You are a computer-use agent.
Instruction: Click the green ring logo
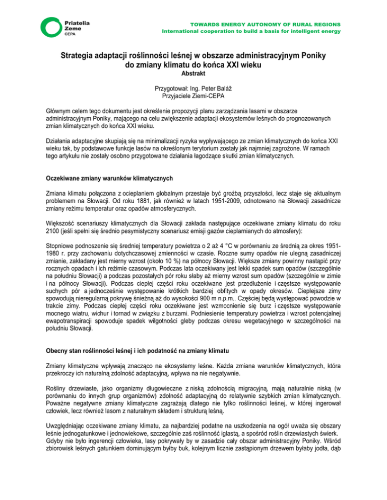click(52, 29)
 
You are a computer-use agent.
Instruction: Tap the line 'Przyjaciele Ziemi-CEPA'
click(193, 96)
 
